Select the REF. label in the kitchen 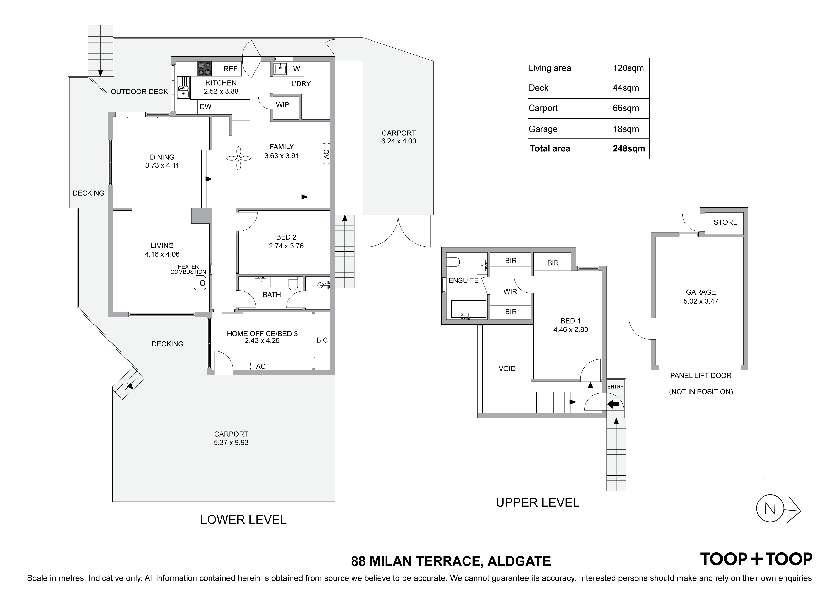pyautogui.click(x=231, y=69)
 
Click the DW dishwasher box pyautogui.click(x=206, y=107)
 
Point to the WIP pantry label pyautogui.click(x=282, y=105)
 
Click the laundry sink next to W pyautogui.click(x=281, y=69)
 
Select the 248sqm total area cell pyautogui.click(x=629, y=149)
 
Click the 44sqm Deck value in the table pyautogui.click(x=626, y=88)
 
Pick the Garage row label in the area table pyautogui.click(x=543, y=129)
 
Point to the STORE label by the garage pyautogui.click(x=725, y=222)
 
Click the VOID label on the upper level pyautogui.click(x=507, y=369)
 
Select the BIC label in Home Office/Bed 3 pyautogui.click(x=322, y=340)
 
